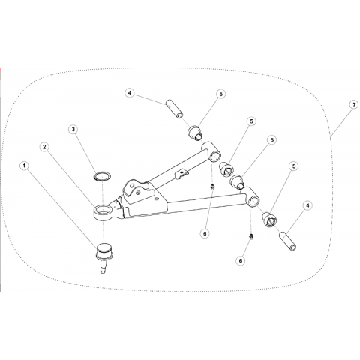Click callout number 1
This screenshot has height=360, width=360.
click(24, 166)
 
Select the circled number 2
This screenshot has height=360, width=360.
click(44, 147)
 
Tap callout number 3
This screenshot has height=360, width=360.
click(73, 129)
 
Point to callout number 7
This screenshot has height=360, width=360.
click(354, 105)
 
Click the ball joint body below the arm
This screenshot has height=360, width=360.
click(104, 251)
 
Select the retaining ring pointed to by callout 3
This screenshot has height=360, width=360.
click(102, 176)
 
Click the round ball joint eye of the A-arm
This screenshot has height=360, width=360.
click(103, 212)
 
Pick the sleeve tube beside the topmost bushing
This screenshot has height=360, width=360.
click(175, 109)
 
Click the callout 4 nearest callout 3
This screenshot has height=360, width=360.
click(130, 93)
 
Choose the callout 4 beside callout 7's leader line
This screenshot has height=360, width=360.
click(307, 205)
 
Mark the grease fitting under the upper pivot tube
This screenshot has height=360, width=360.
click(212, 187)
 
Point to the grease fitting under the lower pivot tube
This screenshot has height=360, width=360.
click(251, 236)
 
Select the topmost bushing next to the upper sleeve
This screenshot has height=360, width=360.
click(196, 133)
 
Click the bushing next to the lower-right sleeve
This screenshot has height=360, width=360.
click(269, 219)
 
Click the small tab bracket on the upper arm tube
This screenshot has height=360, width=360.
click(181, 173)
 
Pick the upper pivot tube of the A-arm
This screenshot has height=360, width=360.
click(212, 152)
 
